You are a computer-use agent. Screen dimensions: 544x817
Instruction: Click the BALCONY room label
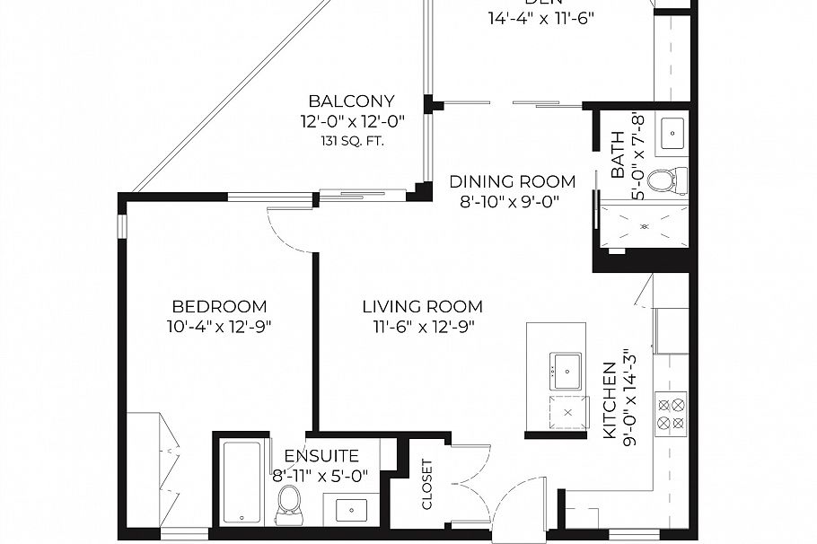(350, 101)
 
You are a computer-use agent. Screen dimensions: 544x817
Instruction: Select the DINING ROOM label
(512, 182)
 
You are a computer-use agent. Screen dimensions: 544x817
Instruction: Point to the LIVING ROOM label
(422, 306)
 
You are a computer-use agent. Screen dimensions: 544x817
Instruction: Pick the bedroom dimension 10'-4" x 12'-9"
(219, 327)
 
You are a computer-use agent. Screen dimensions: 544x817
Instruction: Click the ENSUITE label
(321, 456)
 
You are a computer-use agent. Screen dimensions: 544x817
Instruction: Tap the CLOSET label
(427, 485)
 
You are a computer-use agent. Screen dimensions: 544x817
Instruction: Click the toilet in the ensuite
(289, 505)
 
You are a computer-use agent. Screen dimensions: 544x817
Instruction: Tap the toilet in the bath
(665, 180)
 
